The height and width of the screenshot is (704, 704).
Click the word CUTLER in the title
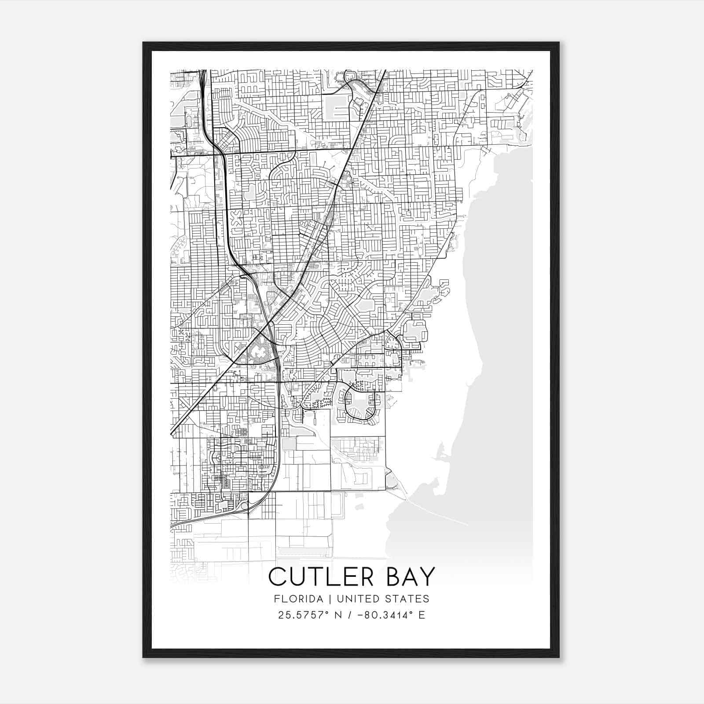tap(323, 577)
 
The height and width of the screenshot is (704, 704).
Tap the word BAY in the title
tap(411, 577)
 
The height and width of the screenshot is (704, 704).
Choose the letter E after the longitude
tap(422, 615)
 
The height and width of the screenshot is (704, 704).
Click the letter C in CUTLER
tap(277, 577)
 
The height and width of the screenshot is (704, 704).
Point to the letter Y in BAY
tap(428, 577)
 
